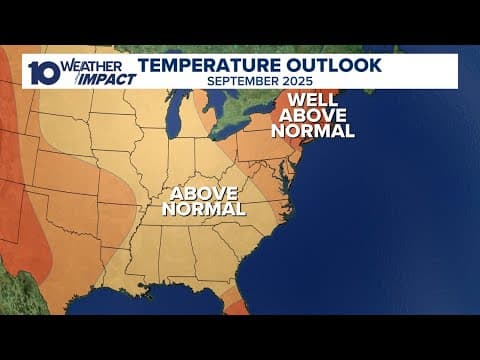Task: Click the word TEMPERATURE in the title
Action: [x=201, y=65]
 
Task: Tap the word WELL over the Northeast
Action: [x=317, y=100]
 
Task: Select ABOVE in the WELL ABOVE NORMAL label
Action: [x=320, y=115]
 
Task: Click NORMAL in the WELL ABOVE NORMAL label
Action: [x=320, y=131]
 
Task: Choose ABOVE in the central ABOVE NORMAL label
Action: [x=203, y=193]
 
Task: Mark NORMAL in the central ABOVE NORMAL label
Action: [x=205, y=210]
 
